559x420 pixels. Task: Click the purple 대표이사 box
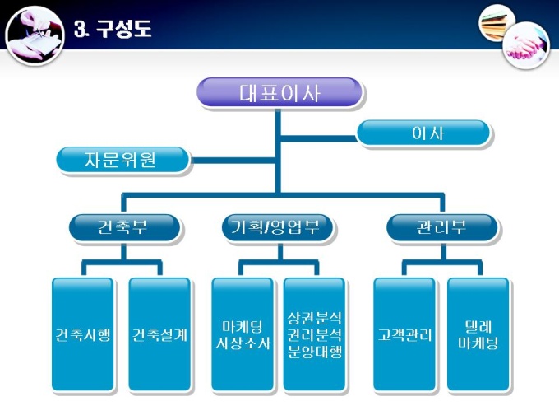pyautogui.click(x=279, y=91)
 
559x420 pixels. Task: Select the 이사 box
pyautogui.click(x=424, y=133)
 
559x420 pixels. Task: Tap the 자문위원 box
pyautogui.click(x=122, y=159)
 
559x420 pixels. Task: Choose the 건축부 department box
pyautogui.click(x=122, y=226)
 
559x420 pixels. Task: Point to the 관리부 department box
pyautogui.click(x=441, y=226)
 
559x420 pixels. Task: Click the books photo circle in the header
pyautogui.click(x=497, y=21)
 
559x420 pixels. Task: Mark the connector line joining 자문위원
pyautogui.click(x=234, y=158)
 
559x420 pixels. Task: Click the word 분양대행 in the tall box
pyautogui.click(x=315, y=352)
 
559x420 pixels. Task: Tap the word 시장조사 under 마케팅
pyautogui.click(x=242, y=343)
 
